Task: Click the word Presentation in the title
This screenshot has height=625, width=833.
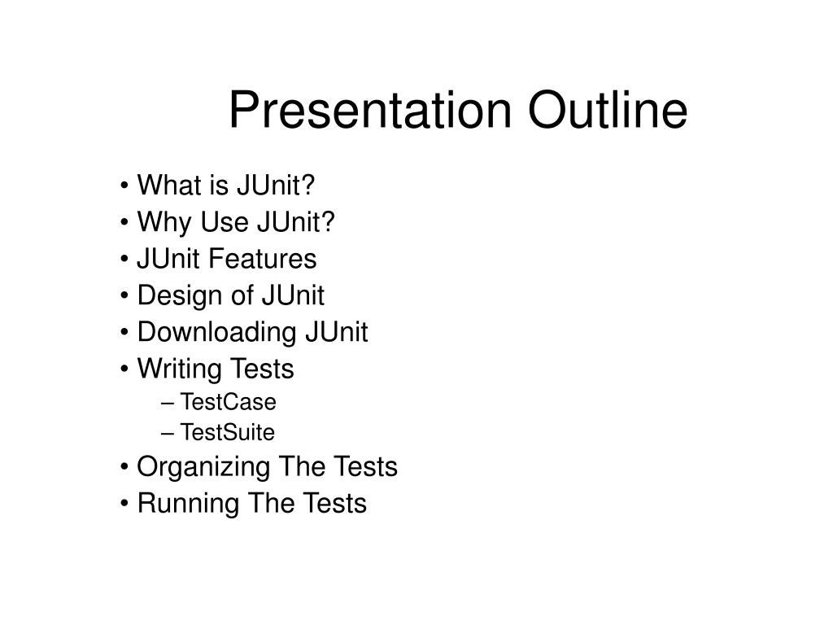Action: [x=370, y=110]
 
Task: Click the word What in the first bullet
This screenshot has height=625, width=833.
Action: [x=169, y=185]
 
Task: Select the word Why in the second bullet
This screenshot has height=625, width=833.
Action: [x=164, y=223]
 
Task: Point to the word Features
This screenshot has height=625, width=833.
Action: [x=263, y=259]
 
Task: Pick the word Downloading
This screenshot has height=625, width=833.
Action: [x=216, y=333]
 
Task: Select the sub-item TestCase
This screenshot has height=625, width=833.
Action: [x=229, y=402]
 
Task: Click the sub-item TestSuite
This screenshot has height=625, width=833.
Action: [x=228, y=432]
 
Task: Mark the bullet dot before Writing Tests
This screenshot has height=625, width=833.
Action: [x=124, y=369]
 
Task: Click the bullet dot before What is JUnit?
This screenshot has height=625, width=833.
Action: [x=124, y=186]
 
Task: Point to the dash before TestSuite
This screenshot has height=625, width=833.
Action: [x=168, y=434]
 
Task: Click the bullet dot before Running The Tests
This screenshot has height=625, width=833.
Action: [x=124, y=504]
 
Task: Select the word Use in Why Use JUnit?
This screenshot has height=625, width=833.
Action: [x=224, y=221]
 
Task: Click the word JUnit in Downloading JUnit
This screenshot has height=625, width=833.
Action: [x=336, y=332]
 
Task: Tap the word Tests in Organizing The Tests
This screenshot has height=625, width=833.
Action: [x=366, y=466]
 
